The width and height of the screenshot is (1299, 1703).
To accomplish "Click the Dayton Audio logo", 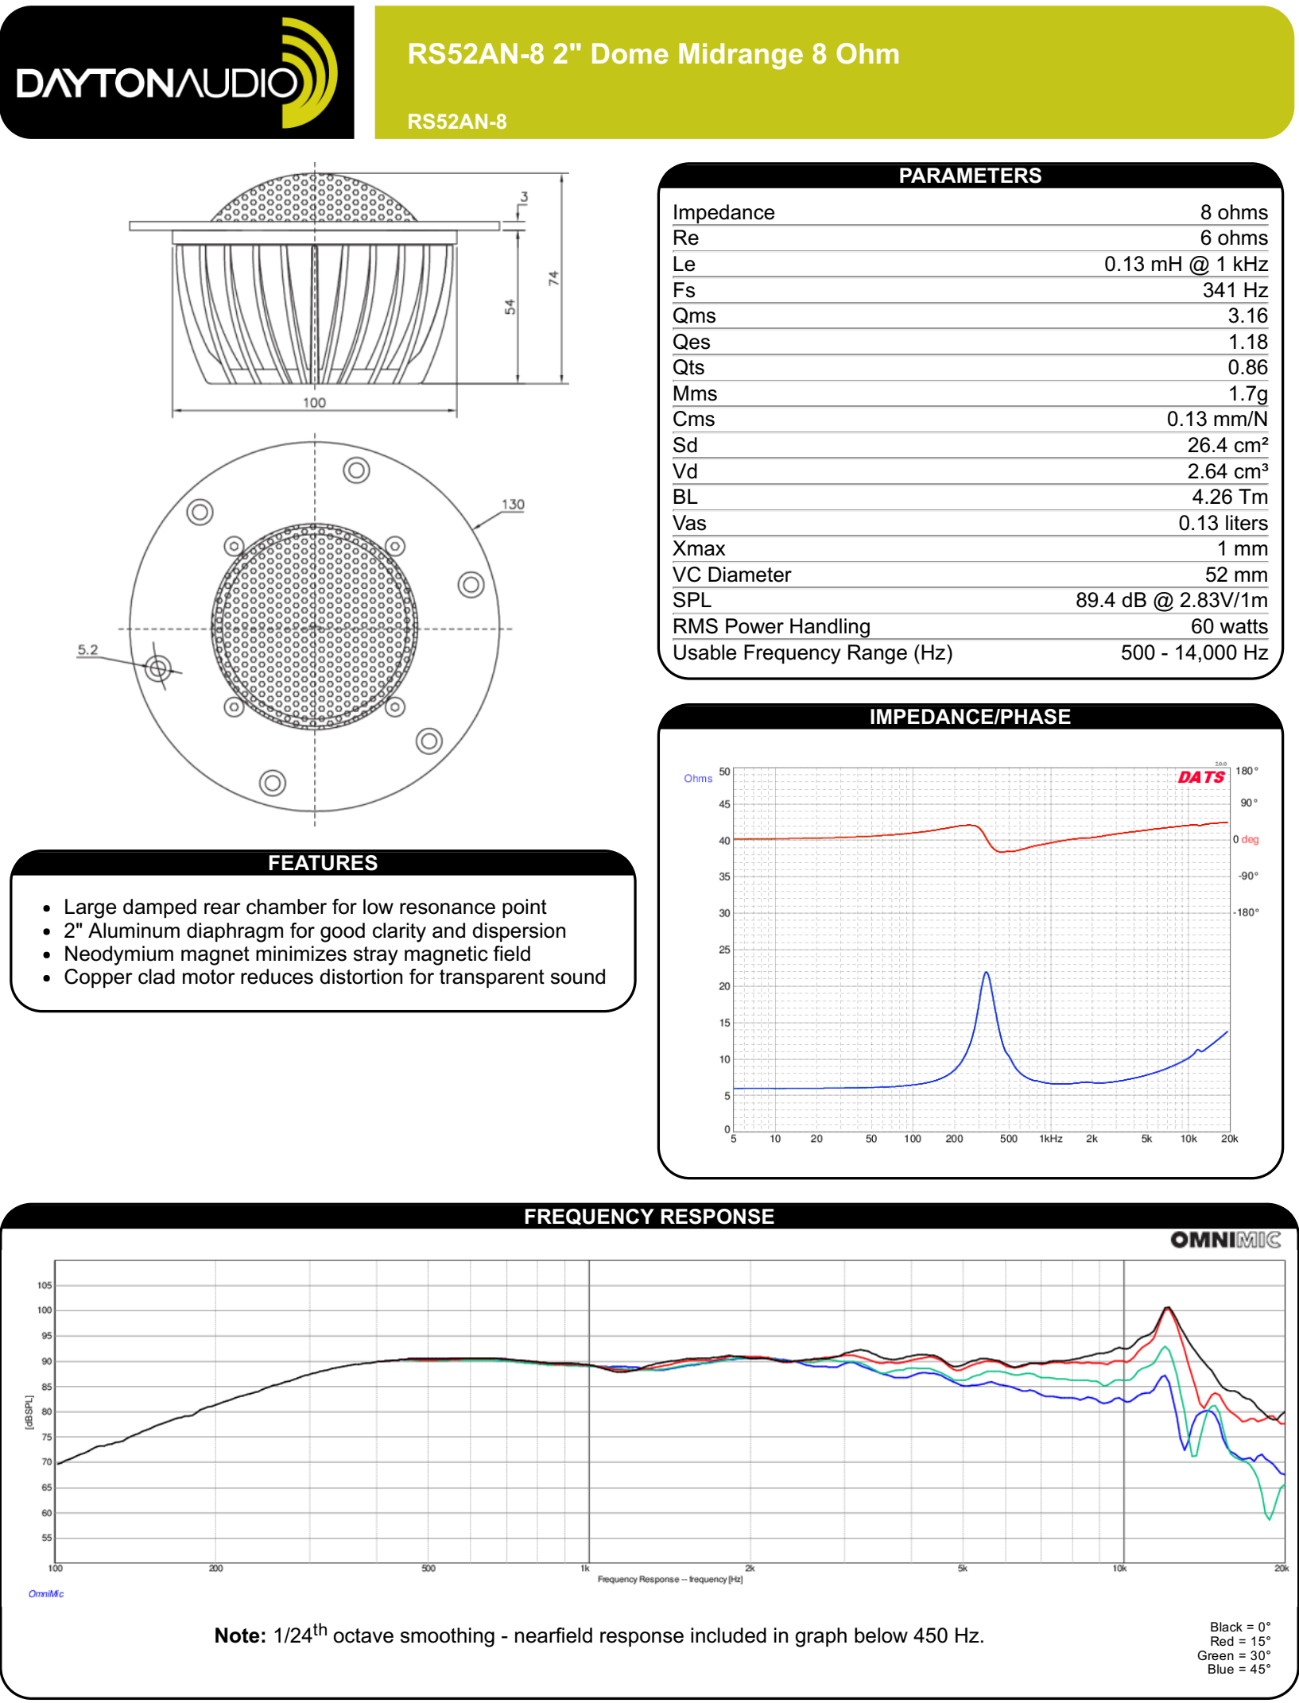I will [176, 73].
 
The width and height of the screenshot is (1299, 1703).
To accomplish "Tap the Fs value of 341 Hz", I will [1235, 290].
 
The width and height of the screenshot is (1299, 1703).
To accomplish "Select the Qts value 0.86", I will [1247, 367].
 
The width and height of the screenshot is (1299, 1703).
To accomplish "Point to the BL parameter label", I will [684, 497].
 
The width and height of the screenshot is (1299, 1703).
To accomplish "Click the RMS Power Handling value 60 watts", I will [1228, 626].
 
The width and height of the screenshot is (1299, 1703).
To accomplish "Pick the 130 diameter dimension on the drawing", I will [513, 505].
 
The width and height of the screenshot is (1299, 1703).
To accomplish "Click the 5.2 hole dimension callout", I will [87, 650].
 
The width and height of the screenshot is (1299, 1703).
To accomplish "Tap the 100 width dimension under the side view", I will [314, 403].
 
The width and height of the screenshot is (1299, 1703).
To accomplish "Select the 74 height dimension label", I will [553, 278].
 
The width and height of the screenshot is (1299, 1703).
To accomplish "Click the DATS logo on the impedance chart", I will [1201, 777].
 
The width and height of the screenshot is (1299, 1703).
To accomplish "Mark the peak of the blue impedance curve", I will [986, 972].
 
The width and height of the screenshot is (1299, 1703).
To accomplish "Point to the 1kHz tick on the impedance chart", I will [1051, 1139].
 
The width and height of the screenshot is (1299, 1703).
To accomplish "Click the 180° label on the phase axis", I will [1247, 771].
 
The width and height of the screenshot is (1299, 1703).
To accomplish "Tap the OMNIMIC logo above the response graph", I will [1225, 1240].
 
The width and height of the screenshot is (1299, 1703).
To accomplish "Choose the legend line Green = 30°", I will [1234, 1655].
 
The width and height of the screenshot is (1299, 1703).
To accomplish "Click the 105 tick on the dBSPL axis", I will [45, 1285].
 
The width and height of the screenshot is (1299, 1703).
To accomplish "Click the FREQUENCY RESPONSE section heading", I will [649, 1217].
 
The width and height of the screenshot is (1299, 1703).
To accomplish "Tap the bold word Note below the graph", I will [239, 1635].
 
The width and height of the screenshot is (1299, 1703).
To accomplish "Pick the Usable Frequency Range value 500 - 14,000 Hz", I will [1194, 652].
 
